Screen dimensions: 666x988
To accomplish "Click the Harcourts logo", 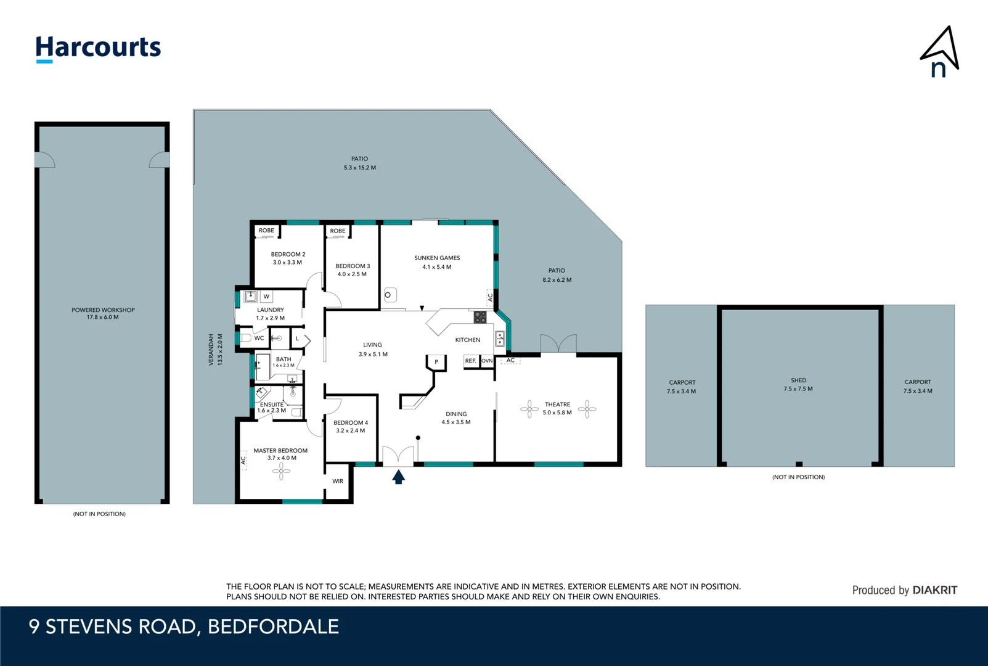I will pos(98,48).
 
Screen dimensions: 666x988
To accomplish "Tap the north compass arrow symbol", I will pos(941,51).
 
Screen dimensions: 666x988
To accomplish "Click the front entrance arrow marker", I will pos(399,477).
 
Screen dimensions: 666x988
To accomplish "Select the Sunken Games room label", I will pos(437,258).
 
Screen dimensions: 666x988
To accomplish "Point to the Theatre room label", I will pos(557,405).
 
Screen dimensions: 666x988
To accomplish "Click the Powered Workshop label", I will pos(103,310).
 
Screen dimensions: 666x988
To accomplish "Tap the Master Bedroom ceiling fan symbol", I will pos(282,472).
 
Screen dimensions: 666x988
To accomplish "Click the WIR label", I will pos(338,481).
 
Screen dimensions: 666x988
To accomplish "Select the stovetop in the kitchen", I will pos(480,317).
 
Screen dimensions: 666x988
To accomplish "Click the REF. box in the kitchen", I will pos(470,361).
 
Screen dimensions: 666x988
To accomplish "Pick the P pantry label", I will pos(436,362).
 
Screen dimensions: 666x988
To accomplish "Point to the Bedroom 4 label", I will pos(351,423).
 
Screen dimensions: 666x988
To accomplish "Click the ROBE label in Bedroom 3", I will pos(338,231).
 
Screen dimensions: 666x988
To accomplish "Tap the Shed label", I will pos(798,380).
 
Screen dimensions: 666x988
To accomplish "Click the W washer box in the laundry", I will pos(266,297).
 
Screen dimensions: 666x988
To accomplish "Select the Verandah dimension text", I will pos(220,350).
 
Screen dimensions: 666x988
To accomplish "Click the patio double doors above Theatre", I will pos(558,344).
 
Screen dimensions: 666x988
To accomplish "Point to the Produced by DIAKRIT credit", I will pos(904,590).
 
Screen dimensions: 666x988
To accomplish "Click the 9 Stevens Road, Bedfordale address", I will pos(184,627).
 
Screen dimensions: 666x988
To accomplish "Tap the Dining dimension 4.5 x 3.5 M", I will pos(456,422).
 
